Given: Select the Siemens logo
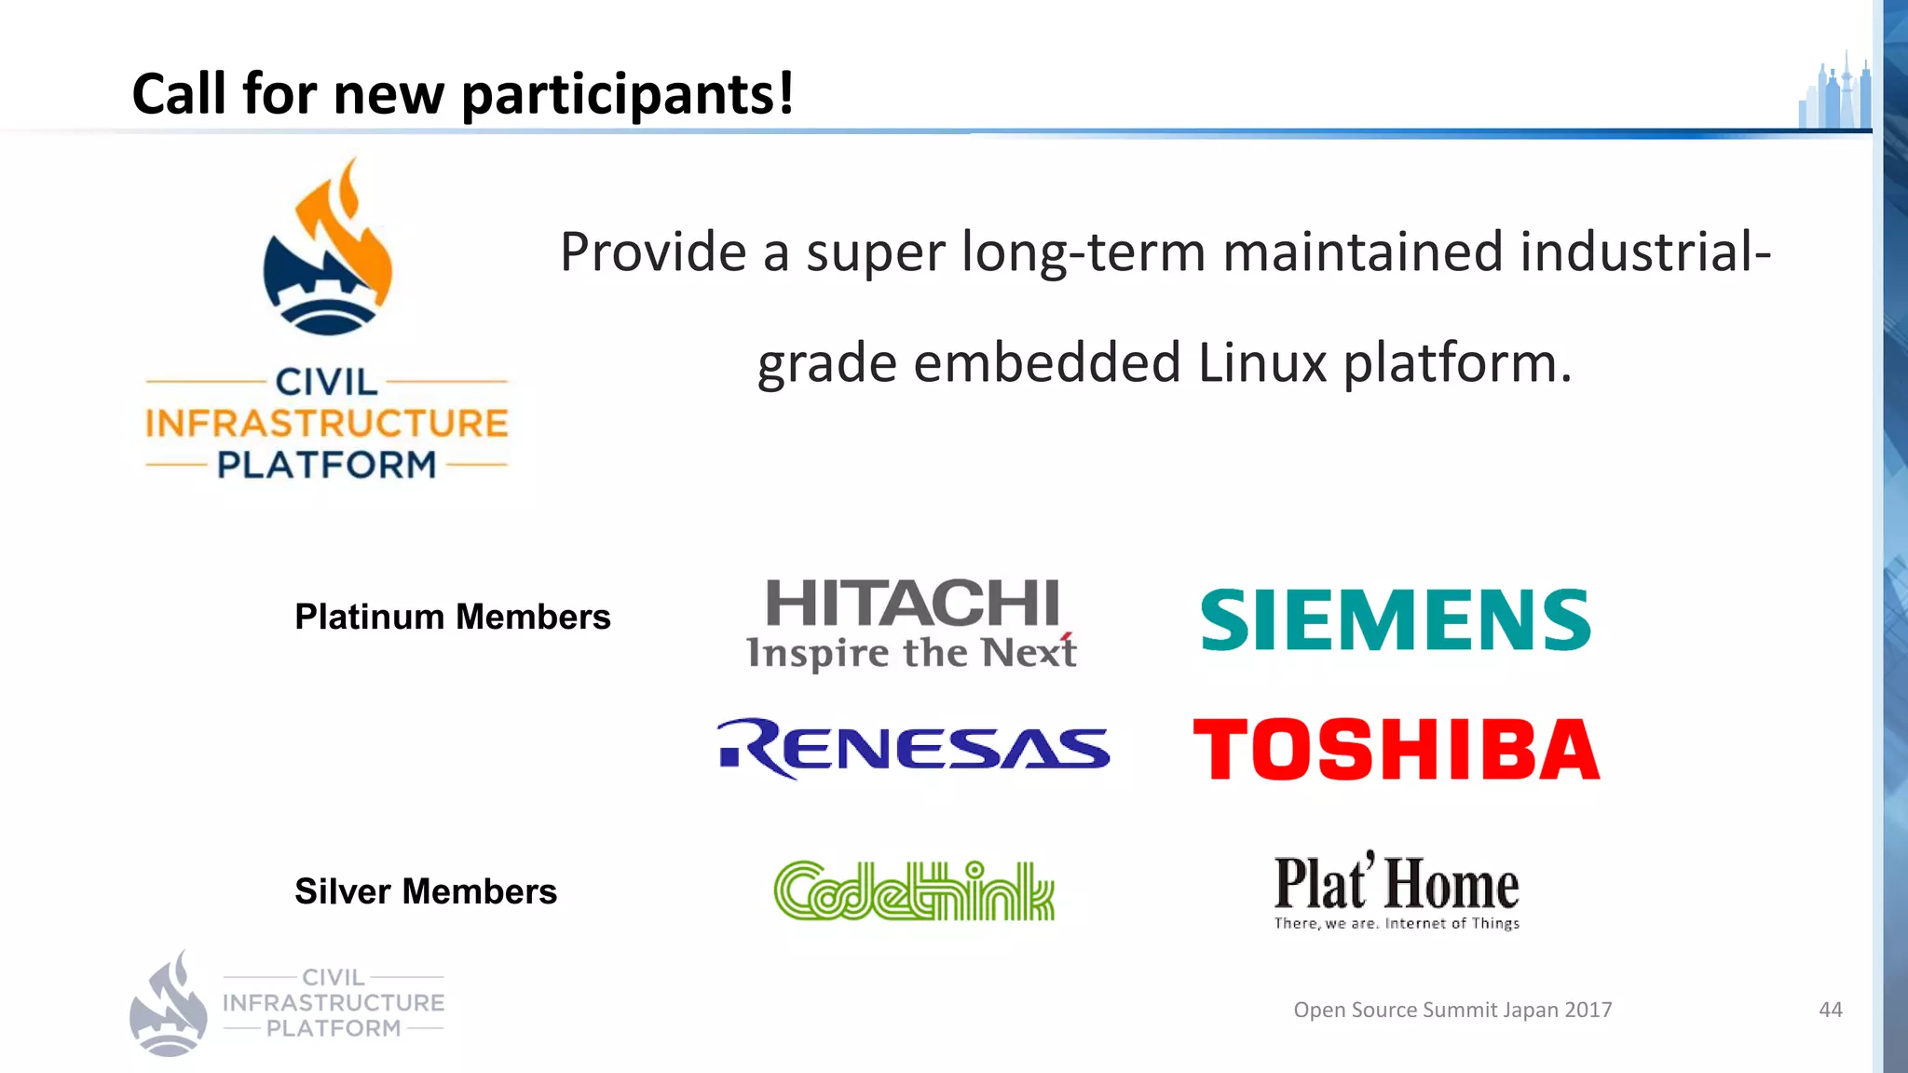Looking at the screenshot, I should tap(1395, 619).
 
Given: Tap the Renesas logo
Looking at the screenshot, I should tap(913, 749).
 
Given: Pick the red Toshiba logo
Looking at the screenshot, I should tap(1396, 749).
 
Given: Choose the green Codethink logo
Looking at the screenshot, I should tap(914, 891).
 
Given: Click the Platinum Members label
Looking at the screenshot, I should tap(453, 617).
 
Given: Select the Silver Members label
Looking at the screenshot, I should tap(426, 891).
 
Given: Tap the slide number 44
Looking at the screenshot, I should tap(1830, 1010).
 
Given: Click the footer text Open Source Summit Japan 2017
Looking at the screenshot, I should tap(1452, 1010).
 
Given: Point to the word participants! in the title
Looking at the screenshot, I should tap(628, 95).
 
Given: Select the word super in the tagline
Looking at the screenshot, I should tap(875, 253).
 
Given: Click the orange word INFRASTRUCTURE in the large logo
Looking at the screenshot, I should tap(327, 424).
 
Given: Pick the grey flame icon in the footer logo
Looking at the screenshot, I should tap(168, 1004).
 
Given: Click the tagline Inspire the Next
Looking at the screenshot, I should tap(911, 653).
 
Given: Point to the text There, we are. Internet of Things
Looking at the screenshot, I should tap(1397, 924).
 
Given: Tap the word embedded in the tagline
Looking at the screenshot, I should tap(1047, 362).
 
